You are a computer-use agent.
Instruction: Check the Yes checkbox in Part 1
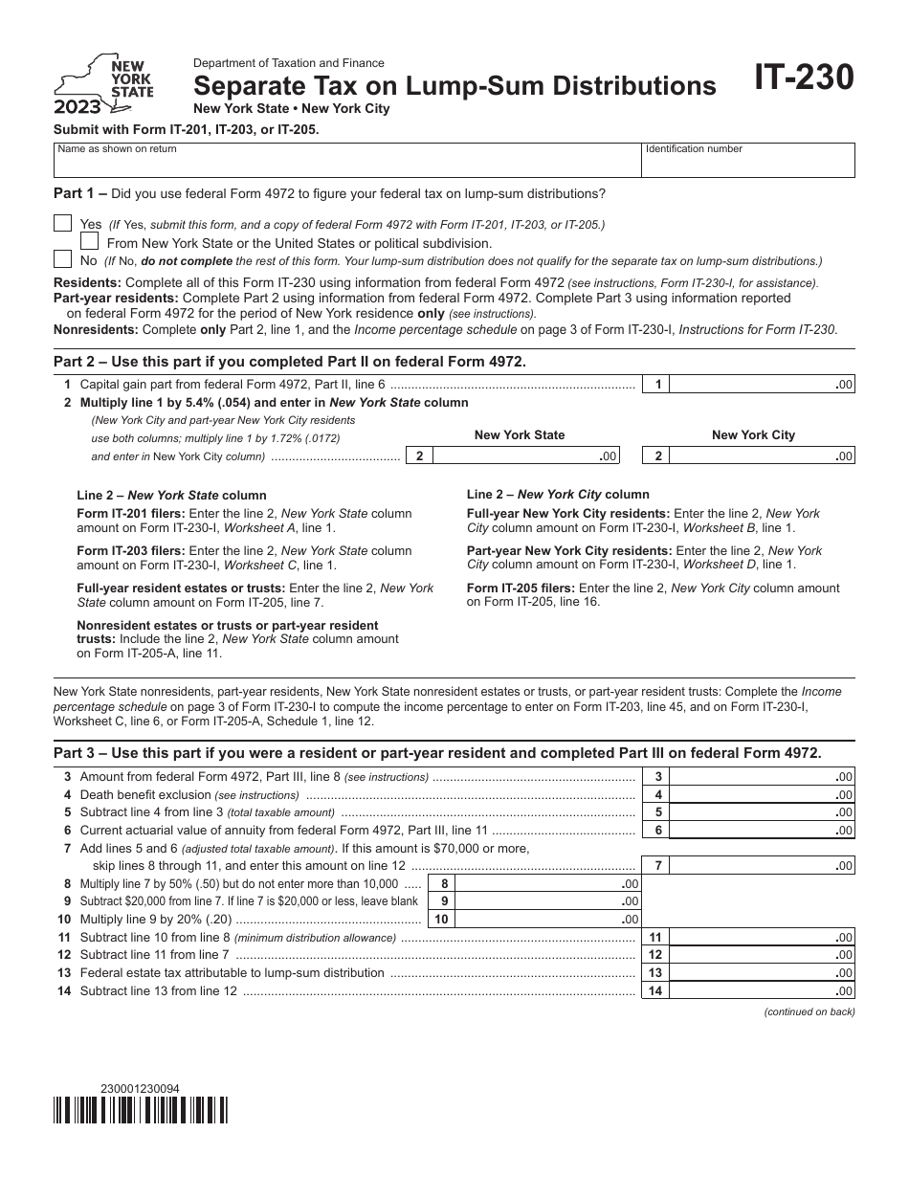pos(62,224)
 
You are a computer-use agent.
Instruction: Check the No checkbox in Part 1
pos(62,259)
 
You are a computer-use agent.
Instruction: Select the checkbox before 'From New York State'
pos(90,242)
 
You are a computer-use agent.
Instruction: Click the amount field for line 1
pos(762,385)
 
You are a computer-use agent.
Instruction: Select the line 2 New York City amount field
pos(762,456)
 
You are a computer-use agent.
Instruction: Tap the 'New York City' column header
pos(753,434)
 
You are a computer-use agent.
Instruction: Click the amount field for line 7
pos(762,866)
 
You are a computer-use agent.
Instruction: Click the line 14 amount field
pos(762,991)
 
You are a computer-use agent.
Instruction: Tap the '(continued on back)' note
pos(809,1012)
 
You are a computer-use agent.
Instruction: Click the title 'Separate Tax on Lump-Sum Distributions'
pos(454,86)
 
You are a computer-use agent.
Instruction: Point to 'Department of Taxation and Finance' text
pos(289,62)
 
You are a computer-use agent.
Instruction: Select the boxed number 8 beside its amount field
pos(443,884)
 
